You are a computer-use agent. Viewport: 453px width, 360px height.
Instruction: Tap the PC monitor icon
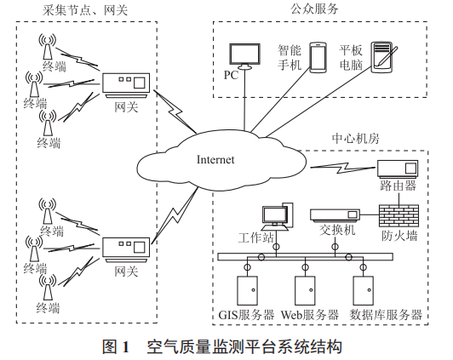click(246, 56)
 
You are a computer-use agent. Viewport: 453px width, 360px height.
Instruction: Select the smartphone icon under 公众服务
click(318, 59)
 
